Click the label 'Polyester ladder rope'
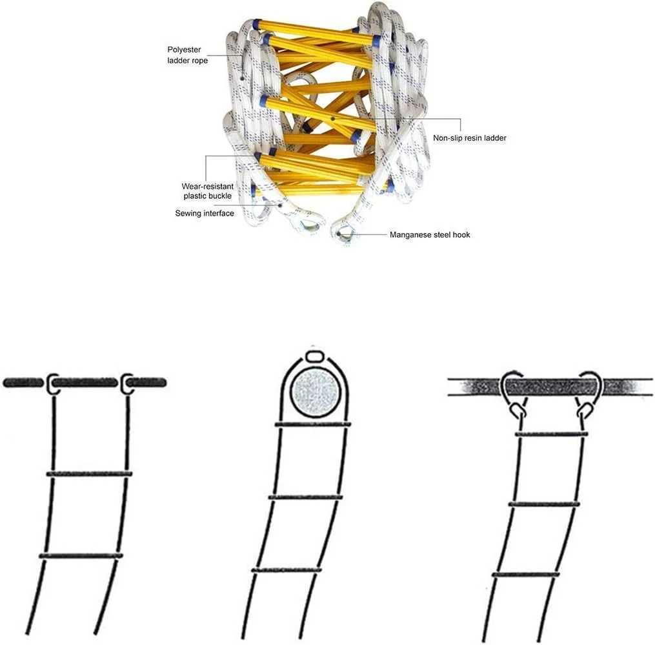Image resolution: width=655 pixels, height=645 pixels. point(188,55)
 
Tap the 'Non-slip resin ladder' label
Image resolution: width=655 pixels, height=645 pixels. point(470,138)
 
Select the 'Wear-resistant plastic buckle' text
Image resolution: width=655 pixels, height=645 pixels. point(208,191)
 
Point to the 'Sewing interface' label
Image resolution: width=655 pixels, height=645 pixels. point(205,213)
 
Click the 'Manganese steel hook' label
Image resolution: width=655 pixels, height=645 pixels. point(430,235)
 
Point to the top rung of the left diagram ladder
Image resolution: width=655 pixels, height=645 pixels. point(89,474)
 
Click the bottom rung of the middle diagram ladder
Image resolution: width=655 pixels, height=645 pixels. point(286,569)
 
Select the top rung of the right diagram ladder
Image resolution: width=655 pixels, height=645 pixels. point(551,435)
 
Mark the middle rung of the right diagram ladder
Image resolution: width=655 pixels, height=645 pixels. point(543,504)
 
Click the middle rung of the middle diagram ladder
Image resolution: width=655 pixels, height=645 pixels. point(305,497)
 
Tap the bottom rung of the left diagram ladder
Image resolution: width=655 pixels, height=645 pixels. point(81,556)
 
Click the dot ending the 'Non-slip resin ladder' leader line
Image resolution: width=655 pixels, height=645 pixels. point(333,118)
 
